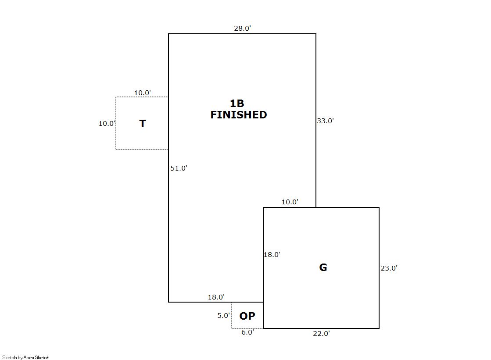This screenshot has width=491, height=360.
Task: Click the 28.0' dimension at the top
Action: pos(242,29)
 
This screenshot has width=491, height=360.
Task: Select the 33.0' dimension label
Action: pos(325,121)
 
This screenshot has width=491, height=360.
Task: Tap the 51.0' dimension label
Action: pos(179,168)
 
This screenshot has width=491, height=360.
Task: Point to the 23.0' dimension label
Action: pos(389,268)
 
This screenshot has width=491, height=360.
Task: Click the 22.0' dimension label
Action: pos(321,334)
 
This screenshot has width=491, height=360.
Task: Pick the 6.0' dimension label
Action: pos(247,332)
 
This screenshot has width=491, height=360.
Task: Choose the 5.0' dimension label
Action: pos(223,315)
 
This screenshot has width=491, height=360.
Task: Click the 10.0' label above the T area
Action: pos(142,93)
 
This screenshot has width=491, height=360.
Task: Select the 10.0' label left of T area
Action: pos(107,124)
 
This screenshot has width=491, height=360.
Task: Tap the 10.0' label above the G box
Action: pos(290,202)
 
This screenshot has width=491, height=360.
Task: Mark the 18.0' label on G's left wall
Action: pos(272,254)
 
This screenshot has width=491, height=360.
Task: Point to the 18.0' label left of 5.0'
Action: pos(216,297)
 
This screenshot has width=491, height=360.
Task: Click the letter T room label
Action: pos(142,124)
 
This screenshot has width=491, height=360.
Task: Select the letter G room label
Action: pos(323,267)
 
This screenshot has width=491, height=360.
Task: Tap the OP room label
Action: pos(247,316)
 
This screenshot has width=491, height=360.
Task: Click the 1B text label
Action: pos(237,103)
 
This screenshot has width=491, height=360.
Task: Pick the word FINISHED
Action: pos(239,115)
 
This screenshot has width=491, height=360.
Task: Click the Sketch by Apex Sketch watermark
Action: pos(26,357)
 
